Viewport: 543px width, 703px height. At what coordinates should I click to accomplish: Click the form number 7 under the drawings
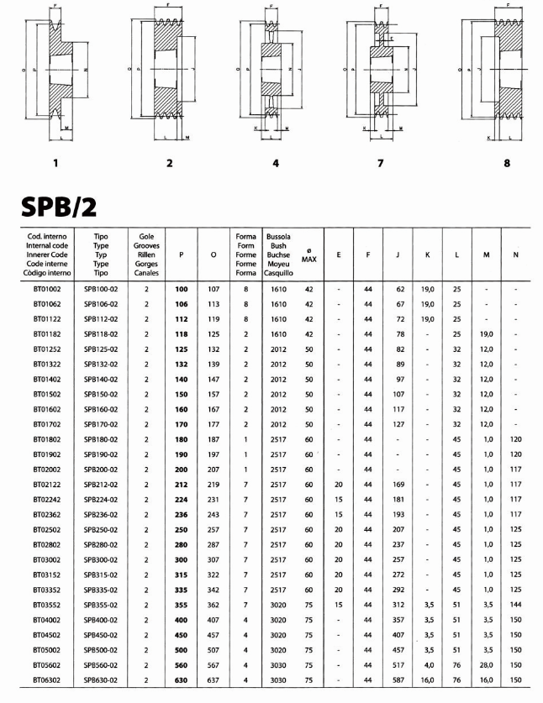tap(380, 163)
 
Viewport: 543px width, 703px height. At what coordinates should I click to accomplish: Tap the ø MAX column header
tap(308, 252)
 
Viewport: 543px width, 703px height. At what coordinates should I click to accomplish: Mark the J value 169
tap(399, 484)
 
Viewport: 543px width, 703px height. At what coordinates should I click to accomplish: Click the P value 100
tap(181, 288)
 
